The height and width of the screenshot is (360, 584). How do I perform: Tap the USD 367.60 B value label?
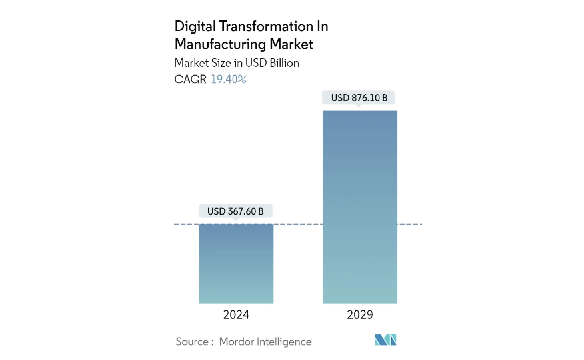click(x=235, y=211)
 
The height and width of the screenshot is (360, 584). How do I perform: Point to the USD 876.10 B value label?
click(x=359, y=98)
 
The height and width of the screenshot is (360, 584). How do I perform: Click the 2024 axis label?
click(x=236, y=315)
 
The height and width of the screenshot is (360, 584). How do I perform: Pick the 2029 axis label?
click(x=360, y=315)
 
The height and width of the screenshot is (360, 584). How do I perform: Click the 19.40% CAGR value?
click(x=228, y=79)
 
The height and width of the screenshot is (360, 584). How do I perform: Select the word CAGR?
click(x=190, y=79)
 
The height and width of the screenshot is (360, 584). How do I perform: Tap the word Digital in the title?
click(x=195, y=26)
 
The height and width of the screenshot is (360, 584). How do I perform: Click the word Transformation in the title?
click(x=266, y=26)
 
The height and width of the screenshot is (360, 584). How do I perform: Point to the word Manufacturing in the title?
click(x=220, y=44)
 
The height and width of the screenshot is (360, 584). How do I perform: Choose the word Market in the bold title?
click(x=291, y=44)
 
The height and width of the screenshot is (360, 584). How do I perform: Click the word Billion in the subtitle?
click(x=284, y=63)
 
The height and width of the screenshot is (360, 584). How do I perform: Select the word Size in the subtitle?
click(x=221, y=63)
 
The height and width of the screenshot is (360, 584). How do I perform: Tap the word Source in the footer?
click(x=192, y=342)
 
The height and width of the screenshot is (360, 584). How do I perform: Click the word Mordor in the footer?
click(x=236, y=342)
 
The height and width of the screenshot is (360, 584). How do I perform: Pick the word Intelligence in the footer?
click(x=284, y=342)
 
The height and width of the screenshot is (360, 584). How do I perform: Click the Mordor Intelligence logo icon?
click(x=385, y=340)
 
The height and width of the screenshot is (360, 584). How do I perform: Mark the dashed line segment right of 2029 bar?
click(x=410, y=224)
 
